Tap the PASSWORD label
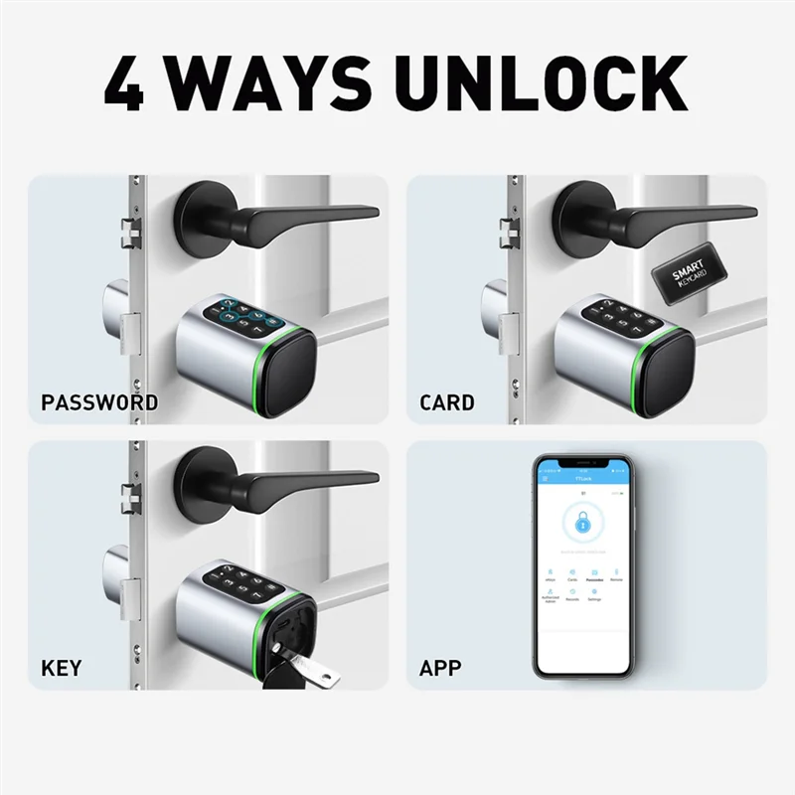(99, 402)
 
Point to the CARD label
(446, 402)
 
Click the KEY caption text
(61, 667)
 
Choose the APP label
(440, 667)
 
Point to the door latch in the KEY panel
(129, 498)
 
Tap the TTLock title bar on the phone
(581, 477)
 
